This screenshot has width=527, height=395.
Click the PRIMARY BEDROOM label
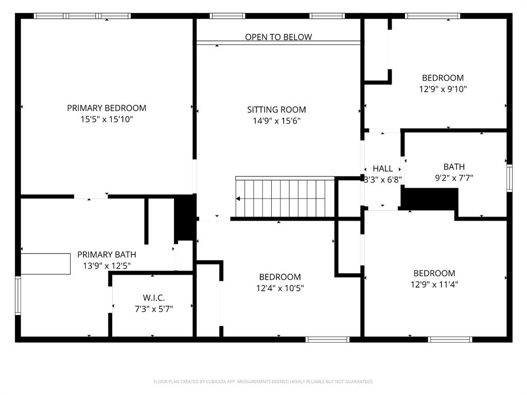(x=107, y=108)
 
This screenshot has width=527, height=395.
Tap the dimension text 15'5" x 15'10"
(x=107, y=119)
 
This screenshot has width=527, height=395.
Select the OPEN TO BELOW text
(x=278, y=37)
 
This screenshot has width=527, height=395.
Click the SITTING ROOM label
(x=276, y=110)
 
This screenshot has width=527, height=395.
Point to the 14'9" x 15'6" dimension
(x=276, y=121)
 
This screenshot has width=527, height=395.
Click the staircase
(x=286, y=198)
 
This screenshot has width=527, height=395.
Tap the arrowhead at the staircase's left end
(x=239, y=199)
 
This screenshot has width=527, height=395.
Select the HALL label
(x=382, y=169)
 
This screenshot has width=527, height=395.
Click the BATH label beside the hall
(x=454, y=167)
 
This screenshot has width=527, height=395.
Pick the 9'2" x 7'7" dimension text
(x=454, y=178)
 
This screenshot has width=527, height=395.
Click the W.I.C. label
(x=154, y=298)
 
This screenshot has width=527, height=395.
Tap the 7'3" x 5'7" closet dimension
(x=154, y=309)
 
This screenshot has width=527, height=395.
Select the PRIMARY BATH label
(x=107, y=255)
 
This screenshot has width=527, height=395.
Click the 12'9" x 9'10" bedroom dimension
(x=443, y=89)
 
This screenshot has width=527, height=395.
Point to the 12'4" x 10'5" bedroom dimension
(x=280, y=289)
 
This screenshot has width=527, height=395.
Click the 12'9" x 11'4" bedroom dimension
(x=435, y=284)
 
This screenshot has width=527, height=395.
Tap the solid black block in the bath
(x=430, y=199)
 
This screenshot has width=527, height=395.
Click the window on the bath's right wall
(x=509, y=178)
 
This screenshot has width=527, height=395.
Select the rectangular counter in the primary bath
(x=45, y=264)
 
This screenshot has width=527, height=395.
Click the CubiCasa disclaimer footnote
(x=263, y=382)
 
